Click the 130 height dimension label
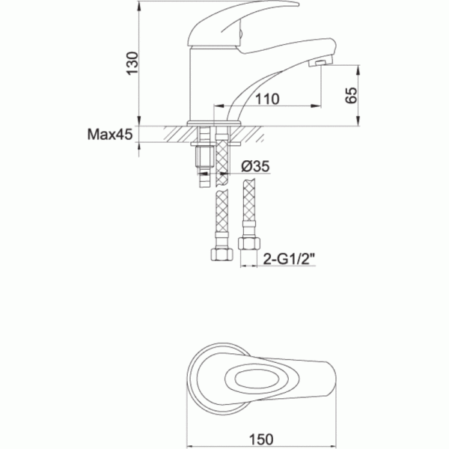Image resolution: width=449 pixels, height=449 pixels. pyautogui.click(x=132, y=64)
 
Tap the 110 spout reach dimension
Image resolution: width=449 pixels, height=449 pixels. pyautogui.click(x=267, y=99)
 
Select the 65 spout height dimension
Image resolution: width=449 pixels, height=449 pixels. pyautogui.click(x=352, y=95)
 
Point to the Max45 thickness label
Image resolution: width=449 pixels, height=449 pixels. pyautogui.click(x=110, y=134)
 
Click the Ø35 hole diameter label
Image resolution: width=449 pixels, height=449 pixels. pyautogui.click(x=255, y=166)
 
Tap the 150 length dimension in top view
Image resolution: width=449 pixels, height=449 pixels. pyautogui.click(x=261, y=439)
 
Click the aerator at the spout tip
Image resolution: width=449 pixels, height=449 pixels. pyautogui.click(x=320, y=63)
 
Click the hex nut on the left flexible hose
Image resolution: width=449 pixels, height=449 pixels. pyautogui.click(x=222, y=254)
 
